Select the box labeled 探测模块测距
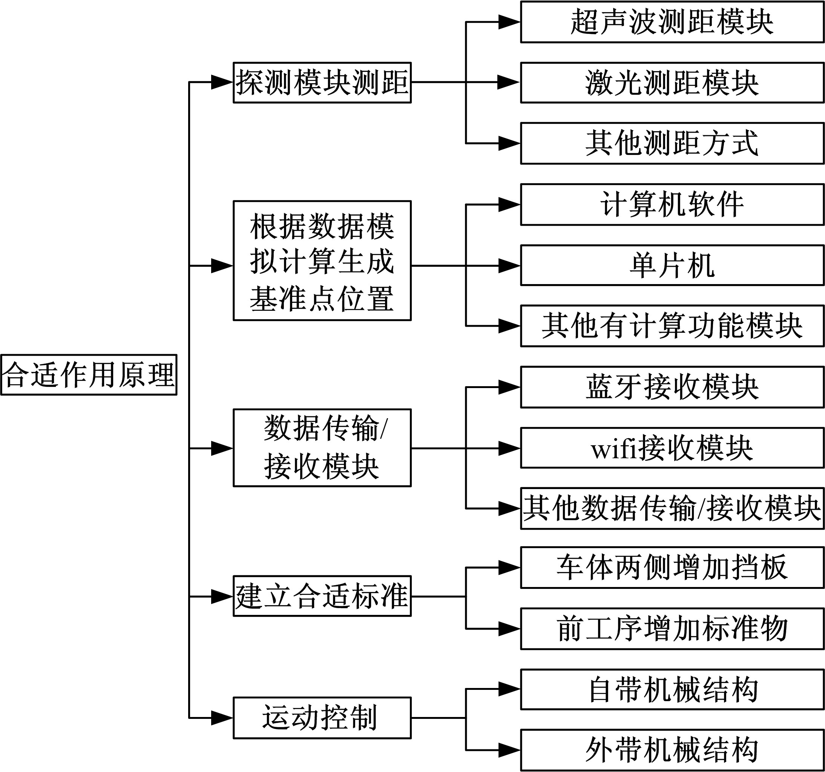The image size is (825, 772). pyautogui.click(x=322, y=83)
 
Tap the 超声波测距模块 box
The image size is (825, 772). pyautogui.click(x=672, y=22)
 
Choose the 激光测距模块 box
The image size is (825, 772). pyautogui.click(x=672, y=83)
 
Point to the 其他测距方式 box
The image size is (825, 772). pyautogui.click(x=672, y=143)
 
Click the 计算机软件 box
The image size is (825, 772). pyautogui.click(x=672, y=205)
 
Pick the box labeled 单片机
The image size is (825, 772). pyautogui.click(x=672, y=265)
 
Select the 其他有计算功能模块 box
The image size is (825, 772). pyautogui.click(x=672, y=326)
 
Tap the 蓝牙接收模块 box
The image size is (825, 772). pyautogui.click(x=672, y=387)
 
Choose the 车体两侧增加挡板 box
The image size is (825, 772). pyautogui.click(x=672, y=567)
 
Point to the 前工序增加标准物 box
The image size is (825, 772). pyautogui.click(x=672, y=628)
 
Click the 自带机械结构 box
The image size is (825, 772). pyautogui.click(x=672, y=689)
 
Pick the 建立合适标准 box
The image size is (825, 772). pyautogui.click(x=322, y=596)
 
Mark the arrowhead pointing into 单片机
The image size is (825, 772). pyautogui.click(x=509, y=265)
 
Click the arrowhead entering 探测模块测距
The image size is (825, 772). pyautogui.click(x=222, y=83)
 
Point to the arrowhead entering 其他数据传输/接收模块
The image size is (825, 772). pyautogui.click(x=509, y=508)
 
